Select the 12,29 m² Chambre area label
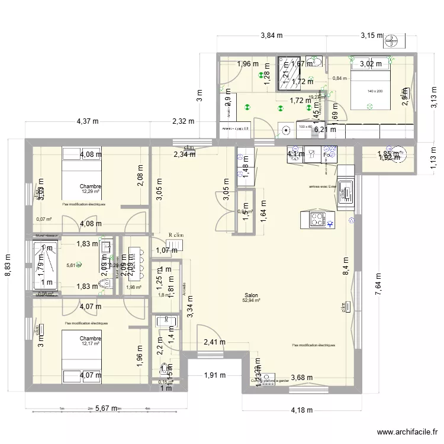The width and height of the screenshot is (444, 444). [91, 191]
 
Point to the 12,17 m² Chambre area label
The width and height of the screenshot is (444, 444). [91, 343]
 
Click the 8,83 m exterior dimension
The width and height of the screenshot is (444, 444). [8, 269]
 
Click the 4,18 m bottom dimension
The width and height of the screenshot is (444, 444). [302, 409]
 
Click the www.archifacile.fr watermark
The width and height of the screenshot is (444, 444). [407, 433]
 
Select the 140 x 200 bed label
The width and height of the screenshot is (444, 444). [375, 91]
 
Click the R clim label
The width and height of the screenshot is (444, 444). [175, 235]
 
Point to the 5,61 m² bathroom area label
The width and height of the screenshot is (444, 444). [72, 265]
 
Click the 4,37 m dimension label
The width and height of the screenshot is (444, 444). [88, 121]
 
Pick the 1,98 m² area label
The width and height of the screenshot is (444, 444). [134, 288]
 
